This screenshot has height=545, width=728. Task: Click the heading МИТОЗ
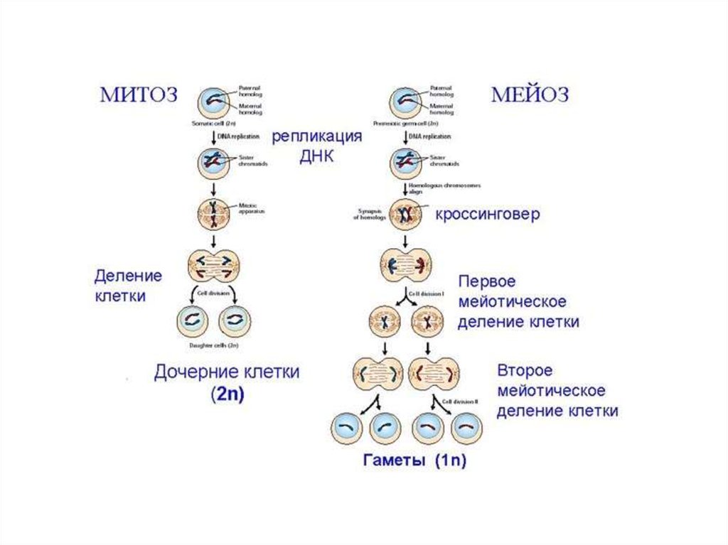tap(138, 95)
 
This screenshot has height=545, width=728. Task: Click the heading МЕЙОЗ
tap(530, 95)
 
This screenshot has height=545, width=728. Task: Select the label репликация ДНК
tap(316, 146)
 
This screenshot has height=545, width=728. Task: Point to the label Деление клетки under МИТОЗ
tap(128, 285)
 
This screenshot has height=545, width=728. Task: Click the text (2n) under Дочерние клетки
tap(227, 396)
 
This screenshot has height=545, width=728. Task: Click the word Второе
tap(525, 371)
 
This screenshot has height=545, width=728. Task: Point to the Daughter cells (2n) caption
tap(213, 345)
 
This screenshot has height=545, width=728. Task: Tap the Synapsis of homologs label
tap(369, 214)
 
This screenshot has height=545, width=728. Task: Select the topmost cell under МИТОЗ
tap(213, 102)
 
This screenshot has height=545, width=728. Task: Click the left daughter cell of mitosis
tap(192, 321)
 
